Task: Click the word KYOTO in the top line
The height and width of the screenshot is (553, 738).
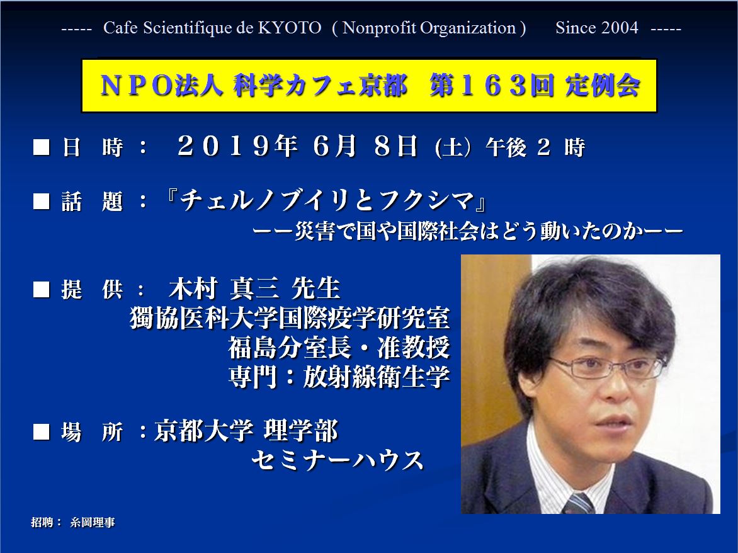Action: click(x=290, y=28)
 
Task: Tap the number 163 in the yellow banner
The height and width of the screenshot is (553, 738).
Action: click(x=499, y=86)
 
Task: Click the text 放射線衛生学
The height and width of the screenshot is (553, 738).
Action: click(x=376, y=377)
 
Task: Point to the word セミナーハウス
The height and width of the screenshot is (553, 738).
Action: click(x=338, y=460)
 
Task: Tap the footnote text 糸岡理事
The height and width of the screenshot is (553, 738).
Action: click(x=92, y=522)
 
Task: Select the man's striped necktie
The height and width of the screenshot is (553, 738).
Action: click(x=578, y=504)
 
